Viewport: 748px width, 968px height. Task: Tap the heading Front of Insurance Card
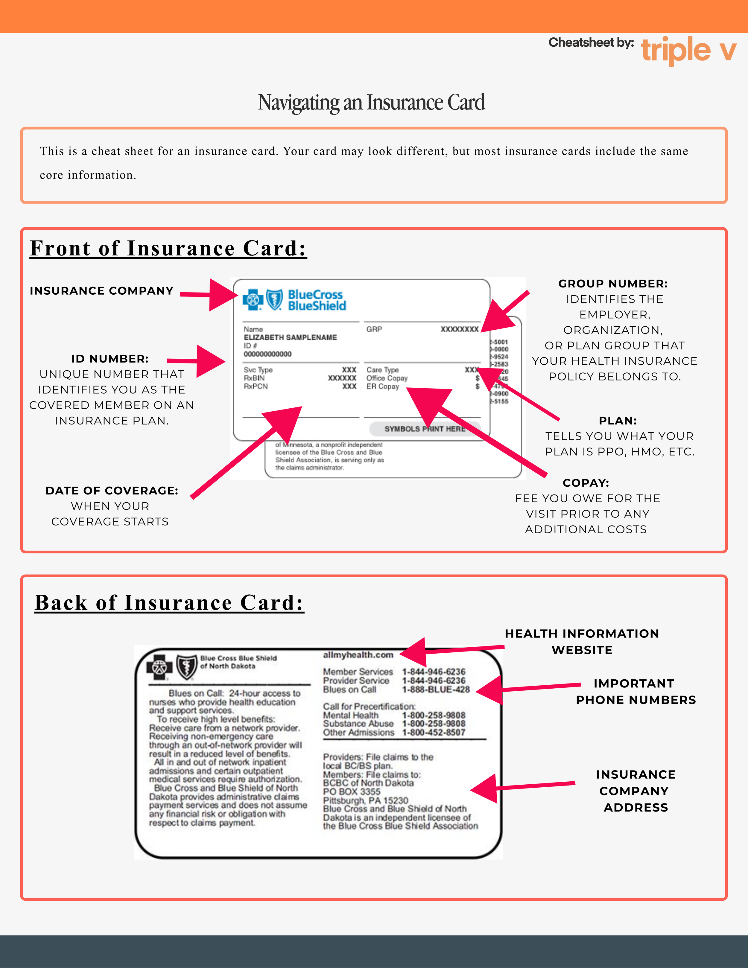[168, 248]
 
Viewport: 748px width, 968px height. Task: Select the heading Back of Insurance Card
[169, 603]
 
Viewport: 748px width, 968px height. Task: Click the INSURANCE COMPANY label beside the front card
[101, 291]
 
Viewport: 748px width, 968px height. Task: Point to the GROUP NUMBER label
[613, 284]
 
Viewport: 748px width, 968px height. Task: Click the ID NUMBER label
[110, 359]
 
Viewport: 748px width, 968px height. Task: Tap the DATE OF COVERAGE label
[112, 491]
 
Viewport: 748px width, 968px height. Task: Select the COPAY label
[586, 483]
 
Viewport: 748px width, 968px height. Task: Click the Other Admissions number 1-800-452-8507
[433, 732]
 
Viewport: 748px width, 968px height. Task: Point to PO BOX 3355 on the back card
[352, 791]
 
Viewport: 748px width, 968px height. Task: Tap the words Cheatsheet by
[591, 42]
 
